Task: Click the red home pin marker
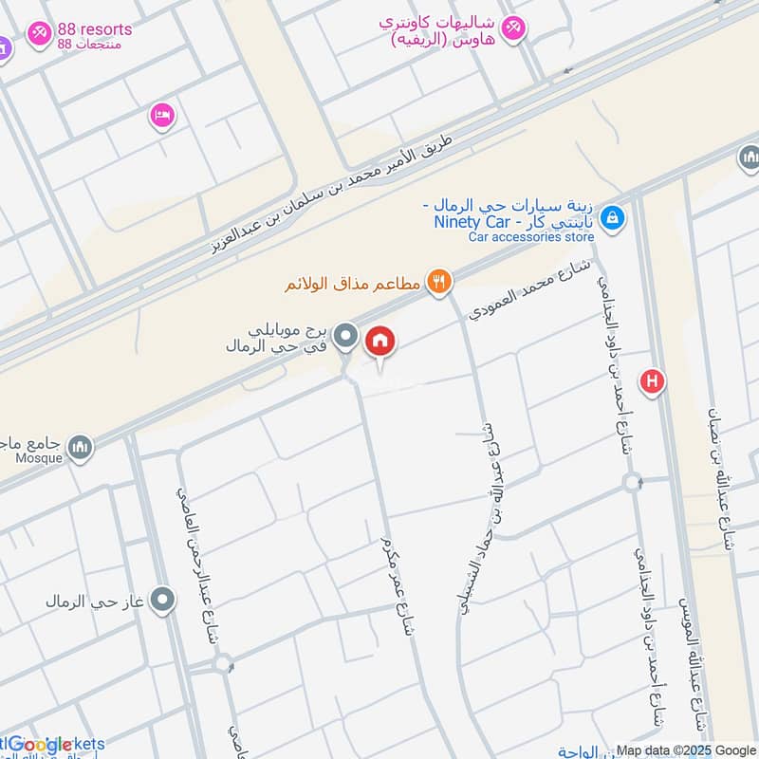click(380, 342)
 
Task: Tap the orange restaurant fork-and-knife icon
click(438, 280)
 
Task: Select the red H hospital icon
click(652, 382)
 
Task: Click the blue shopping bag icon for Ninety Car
click(614, 219)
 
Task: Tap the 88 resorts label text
click(94, 29)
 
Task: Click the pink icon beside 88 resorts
click(39, 33)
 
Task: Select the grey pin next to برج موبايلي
click(347, 336)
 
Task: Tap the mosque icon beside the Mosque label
click(82, 445)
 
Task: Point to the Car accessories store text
click(528, 237)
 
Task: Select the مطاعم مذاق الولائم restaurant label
click(353, 282)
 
